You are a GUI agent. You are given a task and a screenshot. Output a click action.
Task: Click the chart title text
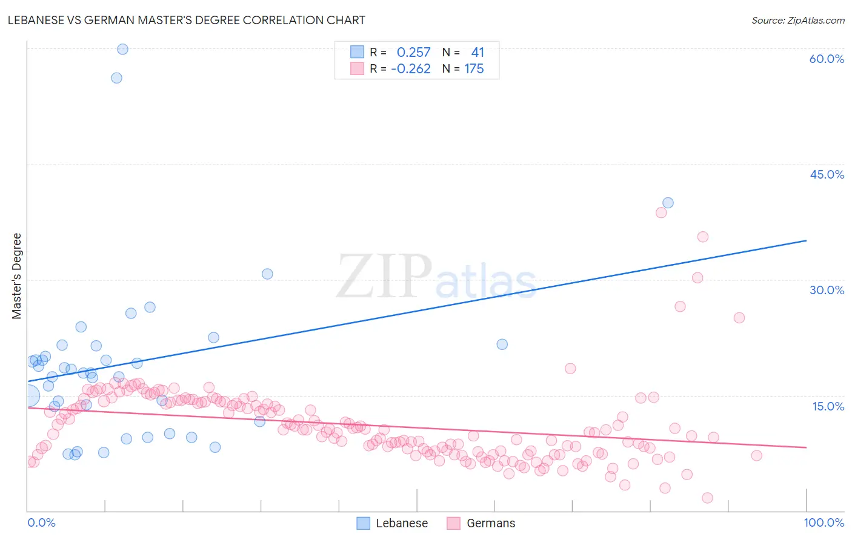coord(187,20)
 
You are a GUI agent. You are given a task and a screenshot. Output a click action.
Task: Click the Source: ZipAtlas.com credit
coord(797,20)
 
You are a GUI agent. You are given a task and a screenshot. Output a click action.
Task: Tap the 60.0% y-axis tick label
coord(827,59)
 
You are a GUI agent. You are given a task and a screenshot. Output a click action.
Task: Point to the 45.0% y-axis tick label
coord(827,174)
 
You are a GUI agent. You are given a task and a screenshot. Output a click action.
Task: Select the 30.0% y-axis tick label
coord(827,290)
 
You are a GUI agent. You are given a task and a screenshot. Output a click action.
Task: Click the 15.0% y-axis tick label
coord(828,406)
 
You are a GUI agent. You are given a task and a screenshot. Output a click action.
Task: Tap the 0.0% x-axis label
coord(41,522)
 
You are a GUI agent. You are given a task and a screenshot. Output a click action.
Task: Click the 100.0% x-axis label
coord(824,522)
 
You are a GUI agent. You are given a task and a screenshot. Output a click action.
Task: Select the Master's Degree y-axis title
coord(16,276)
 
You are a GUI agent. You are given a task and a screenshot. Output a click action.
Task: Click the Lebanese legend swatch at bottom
coord(363,523)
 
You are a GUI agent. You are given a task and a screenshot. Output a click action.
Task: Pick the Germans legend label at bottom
coord(491,523)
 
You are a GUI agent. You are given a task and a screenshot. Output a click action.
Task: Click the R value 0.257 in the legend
coord(413,53)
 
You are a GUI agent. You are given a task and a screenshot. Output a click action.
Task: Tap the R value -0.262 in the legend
coord(411,69)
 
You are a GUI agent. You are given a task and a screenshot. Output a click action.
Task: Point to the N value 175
coord(474,69)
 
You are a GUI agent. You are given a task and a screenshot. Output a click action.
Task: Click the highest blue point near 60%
coord(122,49)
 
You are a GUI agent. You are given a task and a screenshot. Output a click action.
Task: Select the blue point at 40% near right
coord(668,203)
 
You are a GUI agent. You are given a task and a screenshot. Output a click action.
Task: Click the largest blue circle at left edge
coord(29,396)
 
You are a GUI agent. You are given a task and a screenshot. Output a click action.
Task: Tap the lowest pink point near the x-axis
coord(707,498)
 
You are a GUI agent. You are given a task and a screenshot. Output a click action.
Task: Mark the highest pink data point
coord(661,212)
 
